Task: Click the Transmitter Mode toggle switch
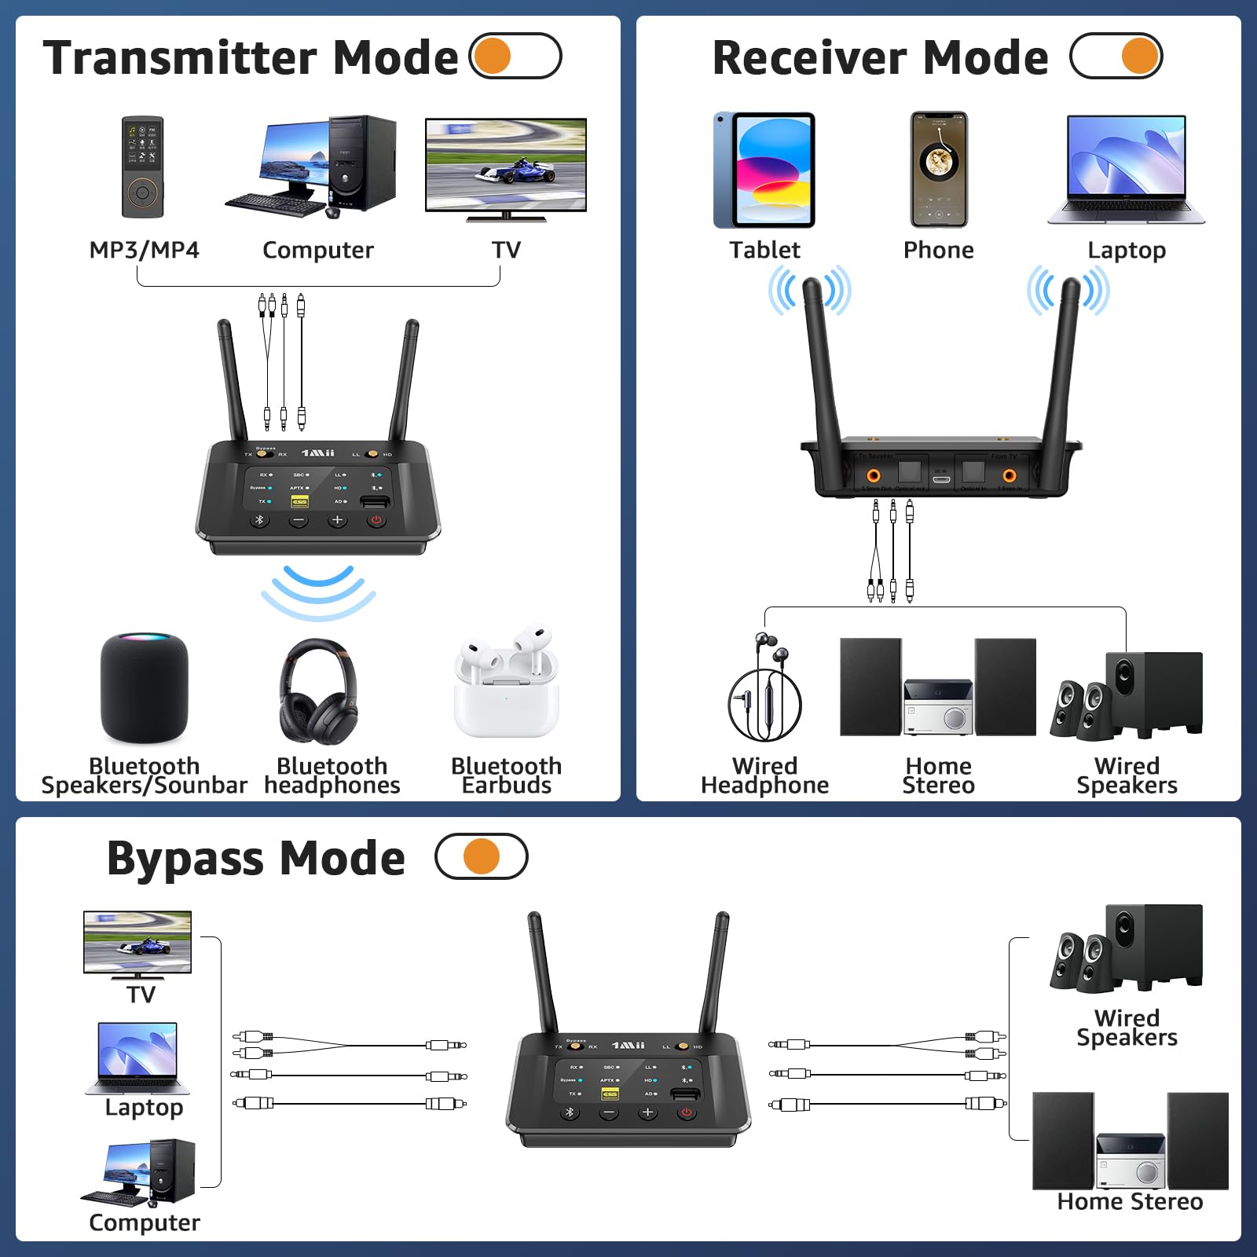click(x=515, y=56)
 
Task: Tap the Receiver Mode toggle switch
click(x=1116, y=56)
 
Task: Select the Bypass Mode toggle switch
click(x=482, y=856)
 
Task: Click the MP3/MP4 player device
click(x=143, y=167)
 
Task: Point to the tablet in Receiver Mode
click(x=764, y=170)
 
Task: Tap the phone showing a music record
click(x=939, y=169)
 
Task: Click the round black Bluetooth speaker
click(x=145, y=689)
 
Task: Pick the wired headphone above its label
click(x=764, y=687)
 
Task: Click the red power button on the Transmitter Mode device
click(x=376, y=520)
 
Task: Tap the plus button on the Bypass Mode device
click(x=647, y=1112)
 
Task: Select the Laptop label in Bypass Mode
click(x=144, y=1107)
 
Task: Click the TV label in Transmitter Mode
click(x=506, y=250)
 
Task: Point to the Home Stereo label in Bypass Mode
click(x=1130, y=1201)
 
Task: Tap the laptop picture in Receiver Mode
click(x=1126, y=169)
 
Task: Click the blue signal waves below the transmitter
click(x=318, y=592)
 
